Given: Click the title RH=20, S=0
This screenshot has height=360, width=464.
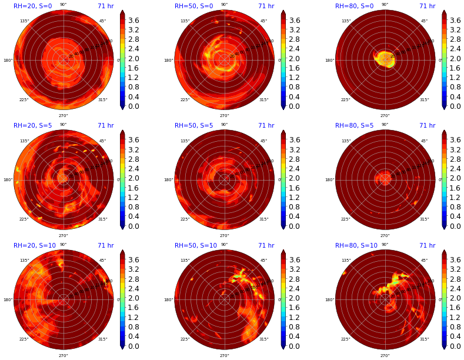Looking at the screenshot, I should pos(33,6).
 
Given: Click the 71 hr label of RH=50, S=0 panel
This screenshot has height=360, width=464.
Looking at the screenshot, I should pos(266,6).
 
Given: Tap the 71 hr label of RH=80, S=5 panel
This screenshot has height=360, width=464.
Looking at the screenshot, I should pos(427,126).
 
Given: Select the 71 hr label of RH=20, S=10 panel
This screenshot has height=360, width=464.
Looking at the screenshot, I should pos(105,246).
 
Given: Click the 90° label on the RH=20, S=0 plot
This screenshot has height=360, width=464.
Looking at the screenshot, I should pos(63,5).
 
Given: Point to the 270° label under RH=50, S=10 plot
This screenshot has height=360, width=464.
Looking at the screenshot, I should pos(224,355).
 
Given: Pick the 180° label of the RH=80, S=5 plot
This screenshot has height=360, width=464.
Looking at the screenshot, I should pos(329,180).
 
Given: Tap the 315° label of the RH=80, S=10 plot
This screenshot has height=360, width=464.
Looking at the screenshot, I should pos(424,339).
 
